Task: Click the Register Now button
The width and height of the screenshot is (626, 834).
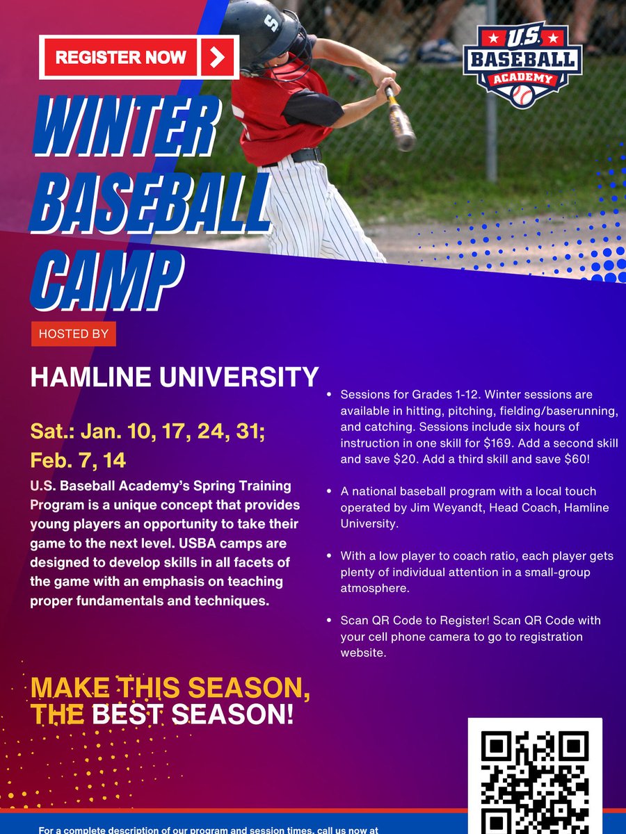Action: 122,57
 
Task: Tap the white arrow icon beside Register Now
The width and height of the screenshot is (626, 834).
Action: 218,57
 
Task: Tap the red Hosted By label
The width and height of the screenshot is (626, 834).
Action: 73,334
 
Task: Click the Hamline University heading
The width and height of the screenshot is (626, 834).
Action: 174,377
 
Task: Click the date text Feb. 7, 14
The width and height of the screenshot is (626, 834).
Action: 78,460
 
